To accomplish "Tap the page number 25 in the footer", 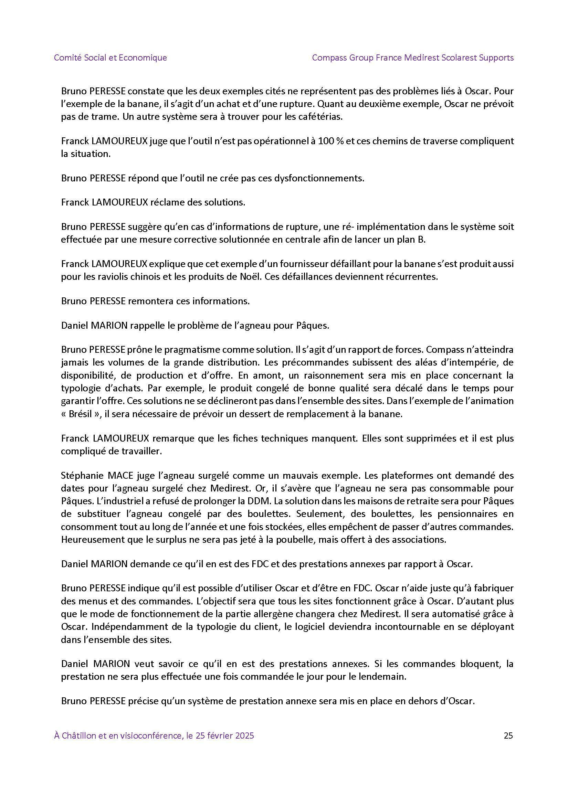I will click(508, 736).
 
